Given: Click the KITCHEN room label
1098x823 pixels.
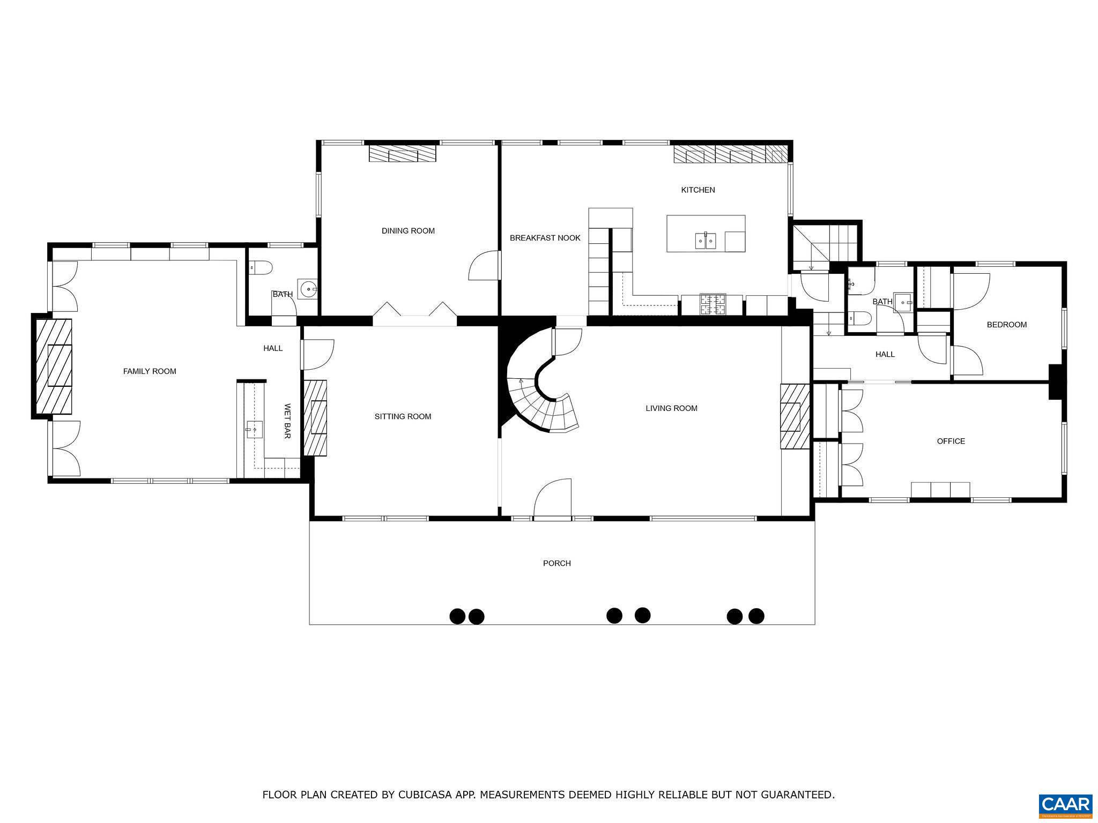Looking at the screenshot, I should tap(698, 190).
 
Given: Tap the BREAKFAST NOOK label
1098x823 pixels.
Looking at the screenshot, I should tap(545, 238).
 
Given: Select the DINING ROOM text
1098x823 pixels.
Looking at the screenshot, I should tap(408, 231).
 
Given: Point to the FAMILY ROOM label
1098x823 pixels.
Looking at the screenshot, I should tap(150, 371).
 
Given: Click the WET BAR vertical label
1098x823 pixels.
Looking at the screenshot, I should tap(287, 422).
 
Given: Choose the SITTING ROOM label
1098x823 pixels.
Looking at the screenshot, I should tap(403, 416).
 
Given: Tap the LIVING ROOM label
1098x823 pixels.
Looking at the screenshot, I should tap(671, 408).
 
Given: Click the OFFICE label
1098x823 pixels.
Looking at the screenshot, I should tap(951, 442).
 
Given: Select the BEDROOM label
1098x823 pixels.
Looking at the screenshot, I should tap(1006, 325).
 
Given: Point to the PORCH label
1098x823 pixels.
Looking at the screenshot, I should tap(557, 563).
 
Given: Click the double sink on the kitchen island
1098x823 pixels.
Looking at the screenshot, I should tap(706, 241).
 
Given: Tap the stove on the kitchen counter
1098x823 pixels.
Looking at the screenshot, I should tap(713, 305).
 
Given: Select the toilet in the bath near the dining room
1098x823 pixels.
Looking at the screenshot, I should tap(261, 267).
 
